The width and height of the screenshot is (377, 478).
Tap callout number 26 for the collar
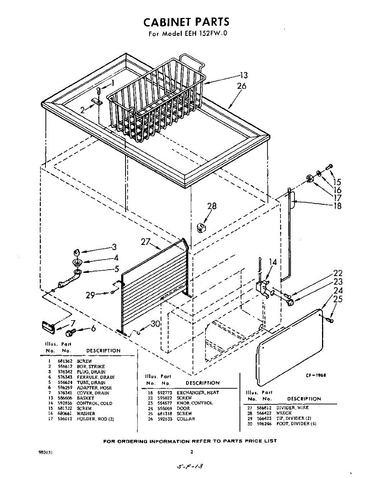pos(242,86)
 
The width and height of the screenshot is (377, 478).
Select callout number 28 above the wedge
pos(212,206)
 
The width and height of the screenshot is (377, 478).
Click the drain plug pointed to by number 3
pos(77,252)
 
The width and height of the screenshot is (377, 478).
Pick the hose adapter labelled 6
pos(71,331)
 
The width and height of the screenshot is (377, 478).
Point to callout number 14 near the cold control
pos(273,262)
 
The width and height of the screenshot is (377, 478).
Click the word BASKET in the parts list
pos(85,398)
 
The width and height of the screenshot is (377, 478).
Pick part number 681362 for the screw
pos(64,361)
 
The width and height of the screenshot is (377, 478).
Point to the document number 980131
pos(46,452)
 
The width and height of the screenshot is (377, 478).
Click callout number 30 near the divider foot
pos(155,324)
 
